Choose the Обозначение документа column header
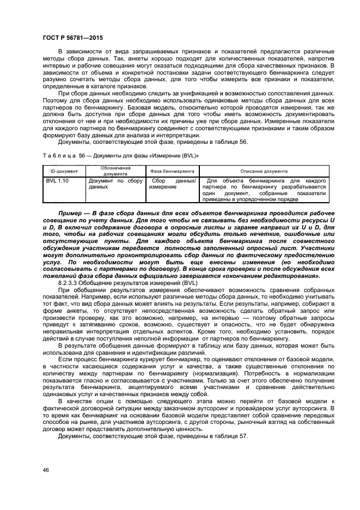point(114,171)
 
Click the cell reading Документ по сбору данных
point(115,184)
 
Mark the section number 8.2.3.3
point(70,283)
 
